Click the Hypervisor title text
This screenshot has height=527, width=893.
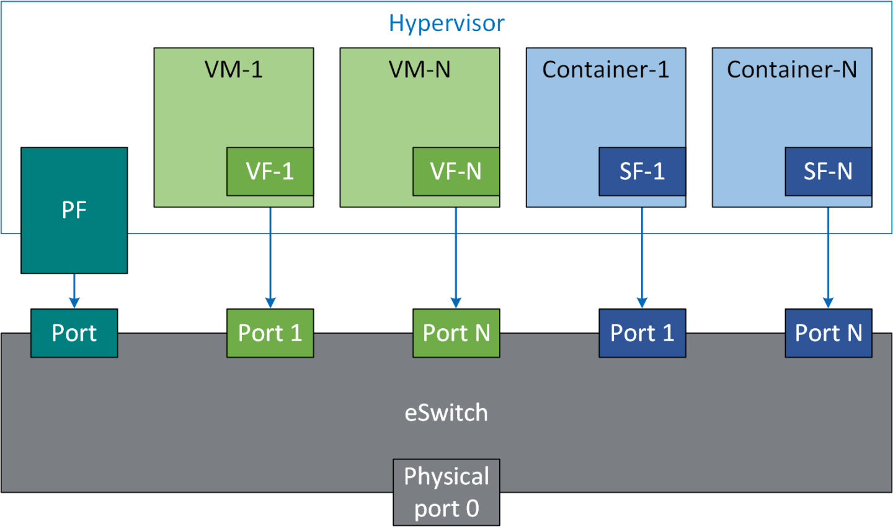click(446, 24)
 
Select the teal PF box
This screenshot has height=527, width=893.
click(74, 210)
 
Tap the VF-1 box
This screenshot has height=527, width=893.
click(270, 172)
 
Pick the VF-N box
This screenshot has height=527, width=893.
click(456, 172)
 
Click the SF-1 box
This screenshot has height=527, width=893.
click(642, 172)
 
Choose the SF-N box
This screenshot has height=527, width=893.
click(828, 172)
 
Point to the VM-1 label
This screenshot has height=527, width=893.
click(233, 69)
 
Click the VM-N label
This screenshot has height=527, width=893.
click(419, 69)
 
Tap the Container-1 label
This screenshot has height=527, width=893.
click(605, 69)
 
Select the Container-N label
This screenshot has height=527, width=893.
click(791, 69)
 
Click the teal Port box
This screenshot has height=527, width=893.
click(74, 333)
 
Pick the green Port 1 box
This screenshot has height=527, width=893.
click(270, 333)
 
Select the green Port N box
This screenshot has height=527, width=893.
click(456, 333)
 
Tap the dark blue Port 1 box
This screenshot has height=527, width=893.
click(642, 333)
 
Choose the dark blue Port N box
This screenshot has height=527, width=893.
click(828, 333)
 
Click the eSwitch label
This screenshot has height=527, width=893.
click(446, 412)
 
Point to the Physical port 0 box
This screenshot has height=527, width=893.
click(446, 492)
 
